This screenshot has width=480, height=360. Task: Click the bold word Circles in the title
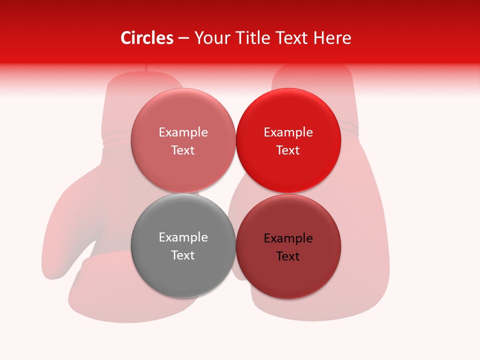pyautogui.click(x=146, y=38)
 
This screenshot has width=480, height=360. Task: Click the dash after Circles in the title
pyautogui.click(x=183, y=38)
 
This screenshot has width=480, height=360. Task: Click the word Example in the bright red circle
pyautogui.click(x=288, y=132)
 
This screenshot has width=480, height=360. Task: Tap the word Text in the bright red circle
pyautogui.click(x=288, y=150)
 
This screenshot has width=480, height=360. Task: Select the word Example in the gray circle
pyautogui.click(x=183, y=237)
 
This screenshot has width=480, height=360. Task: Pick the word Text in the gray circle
pyautogui.click(x=183, y=255)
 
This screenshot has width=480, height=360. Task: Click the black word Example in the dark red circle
pyautogui.click(x=288, y=238)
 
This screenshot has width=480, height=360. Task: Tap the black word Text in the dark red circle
pyautogui.click(x=288, y=256)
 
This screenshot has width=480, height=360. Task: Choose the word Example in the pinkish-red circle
pyautogui.click(x=183, y=132)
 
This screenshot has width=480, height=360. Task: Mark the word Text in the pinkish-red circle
pyautogui.click(x=183, y=150)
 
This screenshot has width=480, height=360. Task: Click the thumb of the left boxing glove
pyautogui.click(x=65, y=225)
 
